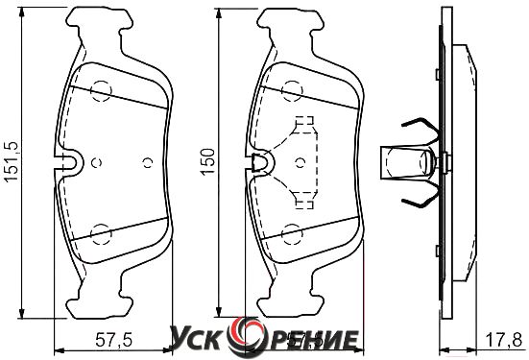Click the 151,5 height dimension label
(11, 162)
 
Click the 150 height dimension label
(207, 161)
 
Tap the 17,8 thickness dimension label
(504, 340)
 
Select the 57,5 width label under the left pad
(113, 340)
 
